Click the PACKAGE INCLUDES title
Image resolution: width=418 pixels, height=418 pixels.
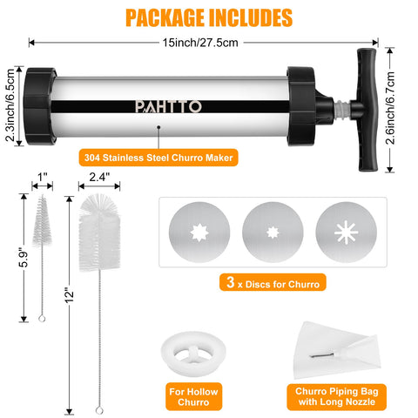click(209, 17)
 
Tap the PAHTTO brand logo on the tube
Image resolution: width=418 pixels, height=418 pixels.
click(168, 106)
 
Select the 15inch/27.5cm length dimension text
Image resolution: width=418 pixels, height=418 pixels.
click(200, 43)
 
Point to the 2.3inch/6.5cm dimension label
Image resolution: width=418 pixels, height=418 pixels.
click(10, 105)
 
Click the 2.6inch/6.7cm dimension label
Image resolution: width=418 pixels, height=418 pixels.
click(391, 108)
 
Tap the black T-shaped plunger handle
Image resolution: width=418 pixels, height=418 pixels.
click(367, 110)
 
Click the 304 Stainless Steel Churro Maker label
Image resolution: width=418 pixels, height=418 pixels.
click(158, 158)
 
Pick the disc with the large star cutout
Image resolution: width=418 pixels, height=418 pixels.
click(199, 233)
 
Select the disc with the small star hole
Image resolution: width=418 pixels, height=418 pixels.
click(273, 233)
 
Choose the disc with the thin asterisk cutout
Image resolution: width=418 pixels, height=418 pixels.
click(347, 233)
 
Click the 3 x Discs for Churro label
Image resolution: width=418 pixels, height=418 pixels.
click(273, 282)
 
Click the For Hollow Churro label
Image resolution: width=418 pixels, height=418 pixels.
click(193, 397)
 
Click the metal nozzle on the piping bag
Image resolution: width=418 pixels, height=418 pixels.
click(322, 354)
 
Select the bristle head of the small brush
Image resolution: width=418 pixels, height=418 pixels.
click(42, 221)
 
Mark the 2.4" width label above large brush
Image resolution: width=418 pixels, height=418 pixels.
click(99, 177)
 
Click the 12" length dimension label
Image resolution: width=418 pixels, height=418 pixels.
click(69, 295)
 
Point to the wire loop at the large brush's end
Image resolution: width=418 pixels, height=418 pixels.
click(99, 410)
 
